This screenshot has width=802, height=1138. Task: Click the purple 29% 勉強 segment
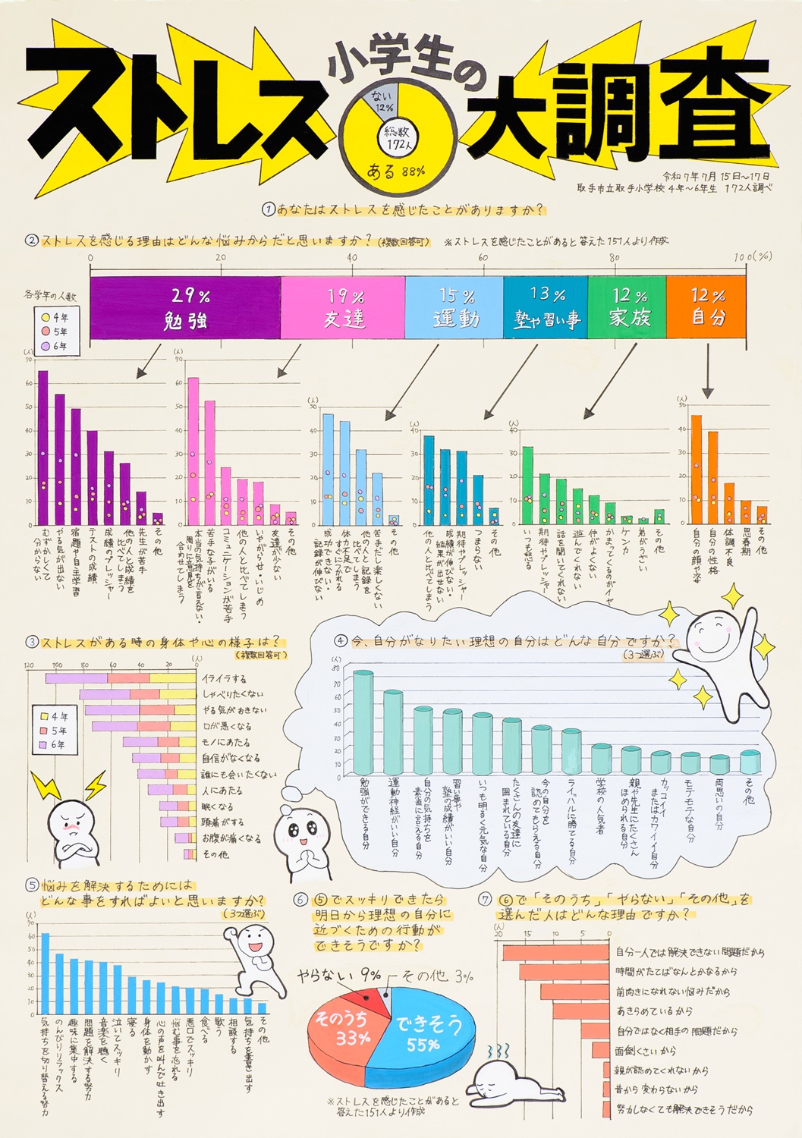coord(185,307)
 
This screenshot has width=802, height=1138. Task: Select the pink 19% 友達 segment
coord(343,307)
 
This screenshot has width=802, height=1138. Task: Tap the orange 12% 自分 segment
coord(708,307)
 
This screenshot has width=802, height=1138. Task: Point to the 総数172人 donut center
coord(398,139)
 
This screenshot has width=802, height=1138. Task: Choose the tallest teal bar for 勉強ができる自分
coord(364,721)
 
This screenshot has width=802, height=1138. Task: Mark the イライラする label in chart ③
coord(225,678)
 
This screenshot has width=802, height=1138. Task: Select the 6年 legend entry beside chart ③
coord(53,745)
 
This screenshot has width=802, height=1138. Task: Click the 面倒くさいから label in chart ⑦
coord(646,1051)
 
